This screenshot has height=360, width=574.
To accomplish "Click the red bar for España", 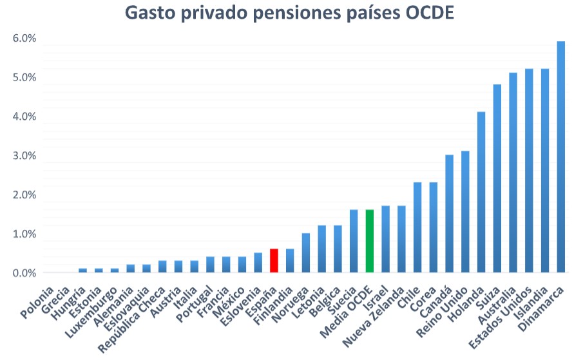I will [274, 261].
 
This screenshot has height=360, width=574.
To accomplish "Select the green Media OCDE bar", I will [369, 242].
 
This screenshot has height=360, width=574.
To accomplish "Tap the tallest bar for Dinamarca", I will [560, 158].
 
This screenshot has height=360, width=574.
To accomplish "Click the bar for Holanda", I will [481, 193].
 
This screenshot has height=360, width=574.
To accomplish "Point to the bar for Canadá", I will [449, 214].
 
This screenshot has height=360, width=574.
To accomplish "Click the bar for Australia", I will [513, 173].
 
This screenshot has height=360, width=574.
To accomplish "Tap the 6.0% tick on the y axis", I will [24, 39].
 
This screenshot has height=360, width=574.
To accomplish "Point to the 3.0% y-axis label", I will [24, 156].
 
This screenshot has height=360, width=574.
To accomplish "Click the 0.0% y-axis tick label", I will [24, 274].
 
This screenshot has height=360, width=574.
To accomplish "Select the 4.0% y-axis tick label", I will [24, 117].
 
